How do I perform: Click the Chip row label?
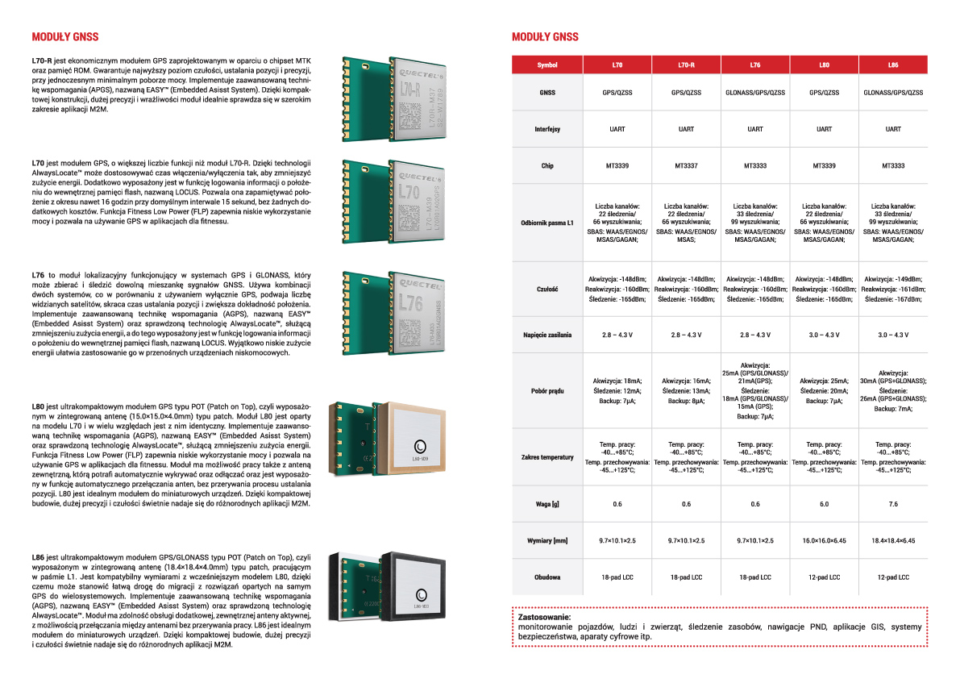pyautogui.click(x=547, y=166)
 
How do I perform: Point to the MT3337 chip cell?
pyautogui.click(x=686, y=166)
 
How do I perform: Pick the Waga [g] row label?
pyautogui.click(x=547, y=504)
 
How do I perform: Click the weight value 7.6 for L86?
pyautogui.click(x=893, y=504)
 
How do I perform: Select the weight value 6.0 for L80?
pyautogui.click(x=824, y=504)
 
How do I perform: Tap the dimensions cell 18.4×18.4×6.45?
pyautogui.click(x=893, y=540)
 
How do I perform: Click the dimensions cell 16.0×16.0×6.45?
pyautogui.click(x=824, y=540)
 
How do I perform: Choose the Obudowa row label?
pyautogui.click(x=547, y=577)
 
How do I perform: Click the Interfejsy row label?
pyautogui.click(x=547, y=129)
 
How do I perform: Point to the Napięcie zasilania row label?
pyautogui.click(x=547, y=335)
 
